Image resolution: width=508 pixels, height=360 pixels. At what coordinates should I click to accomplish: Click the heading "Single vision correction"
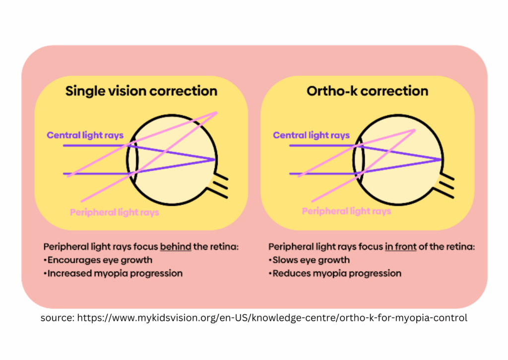(141, 91)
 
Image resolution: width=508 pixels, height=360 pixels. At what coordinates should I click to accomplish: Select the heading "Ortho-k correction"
(367, 91)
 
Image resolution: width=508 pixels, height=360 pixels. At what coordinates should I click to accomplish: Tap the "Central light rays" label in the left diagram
(85, 135)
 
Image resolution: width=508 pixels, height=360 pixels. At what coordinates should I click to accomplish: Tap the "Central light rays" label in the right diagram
(312, 135)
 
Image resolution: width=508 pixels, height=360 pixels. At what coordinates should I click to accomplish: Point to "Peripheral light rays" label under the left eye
(115, 212)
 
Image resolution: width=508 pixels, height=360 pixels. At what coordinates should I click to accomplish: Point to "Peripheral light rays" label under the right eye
(346, 211)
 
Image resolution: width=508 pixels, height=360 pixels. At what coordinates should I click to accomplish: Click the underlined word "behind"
(176, 246)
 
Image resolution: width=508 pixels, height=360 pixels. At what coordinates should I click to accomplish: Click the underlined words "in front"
(400, 246)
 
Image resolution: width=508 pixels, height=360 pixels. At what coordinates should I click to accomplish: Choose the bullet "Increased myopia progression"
(115, 273)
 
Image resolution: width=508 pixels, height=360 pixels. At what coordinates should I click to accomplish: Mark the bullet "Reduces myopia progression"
(336, 273)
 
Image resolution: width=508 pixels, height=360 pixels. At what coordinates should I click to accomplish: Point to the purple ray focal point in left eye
(215, 160)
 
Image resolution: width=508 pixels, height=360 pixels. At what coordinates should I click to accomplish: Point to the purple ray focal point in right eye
(441, 160)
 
